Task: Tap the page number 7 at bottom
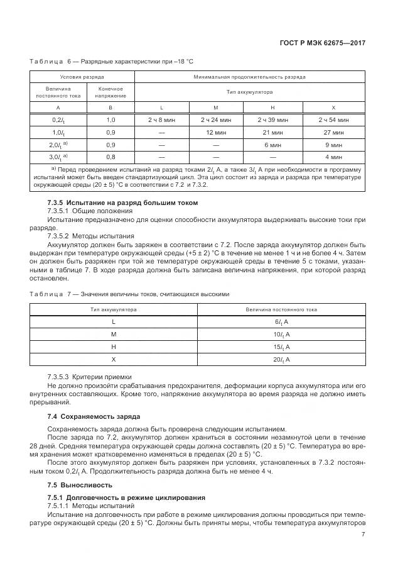tap(363, 535)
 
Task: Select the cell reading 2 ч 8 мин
tap(161, 119)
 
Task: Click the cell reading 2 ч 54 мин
tap(333, 119)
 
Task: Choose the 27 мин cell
tap(333, 133)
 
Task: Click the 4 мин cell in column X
tap(333, 157)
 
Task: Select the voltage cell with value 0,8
tap(110, 157)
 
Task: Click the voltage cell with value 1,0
tap(110, 119)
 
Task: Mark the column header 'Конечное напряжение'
tap(110, 92)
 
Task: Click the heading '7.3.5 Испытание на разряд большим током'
tap(122, 202)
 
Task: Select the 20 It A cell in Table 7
tap(281, 359)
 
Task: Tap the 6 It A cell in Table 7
tap(281, 321)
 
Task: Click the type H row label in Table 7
tap(114, 347)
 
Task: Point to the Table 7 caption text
tap(129, 294)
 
